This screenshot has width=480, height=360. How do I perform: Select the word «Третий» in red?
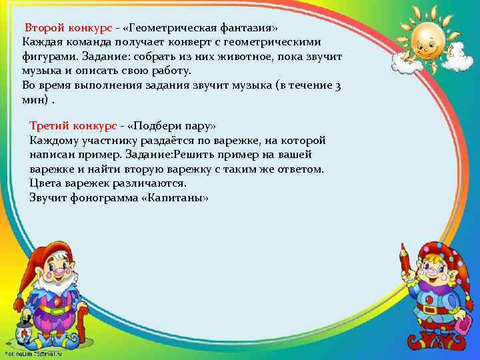51,126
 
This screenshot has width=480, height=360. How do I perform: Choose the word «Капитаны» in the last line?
179,198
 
